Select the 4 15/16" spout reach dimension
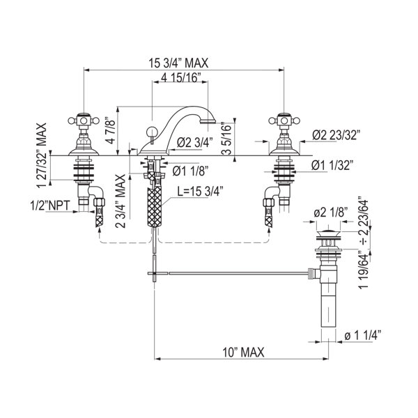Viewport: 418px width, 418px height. point(180,76)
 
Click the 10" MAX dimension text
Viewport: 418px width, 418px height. point(240,353)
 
